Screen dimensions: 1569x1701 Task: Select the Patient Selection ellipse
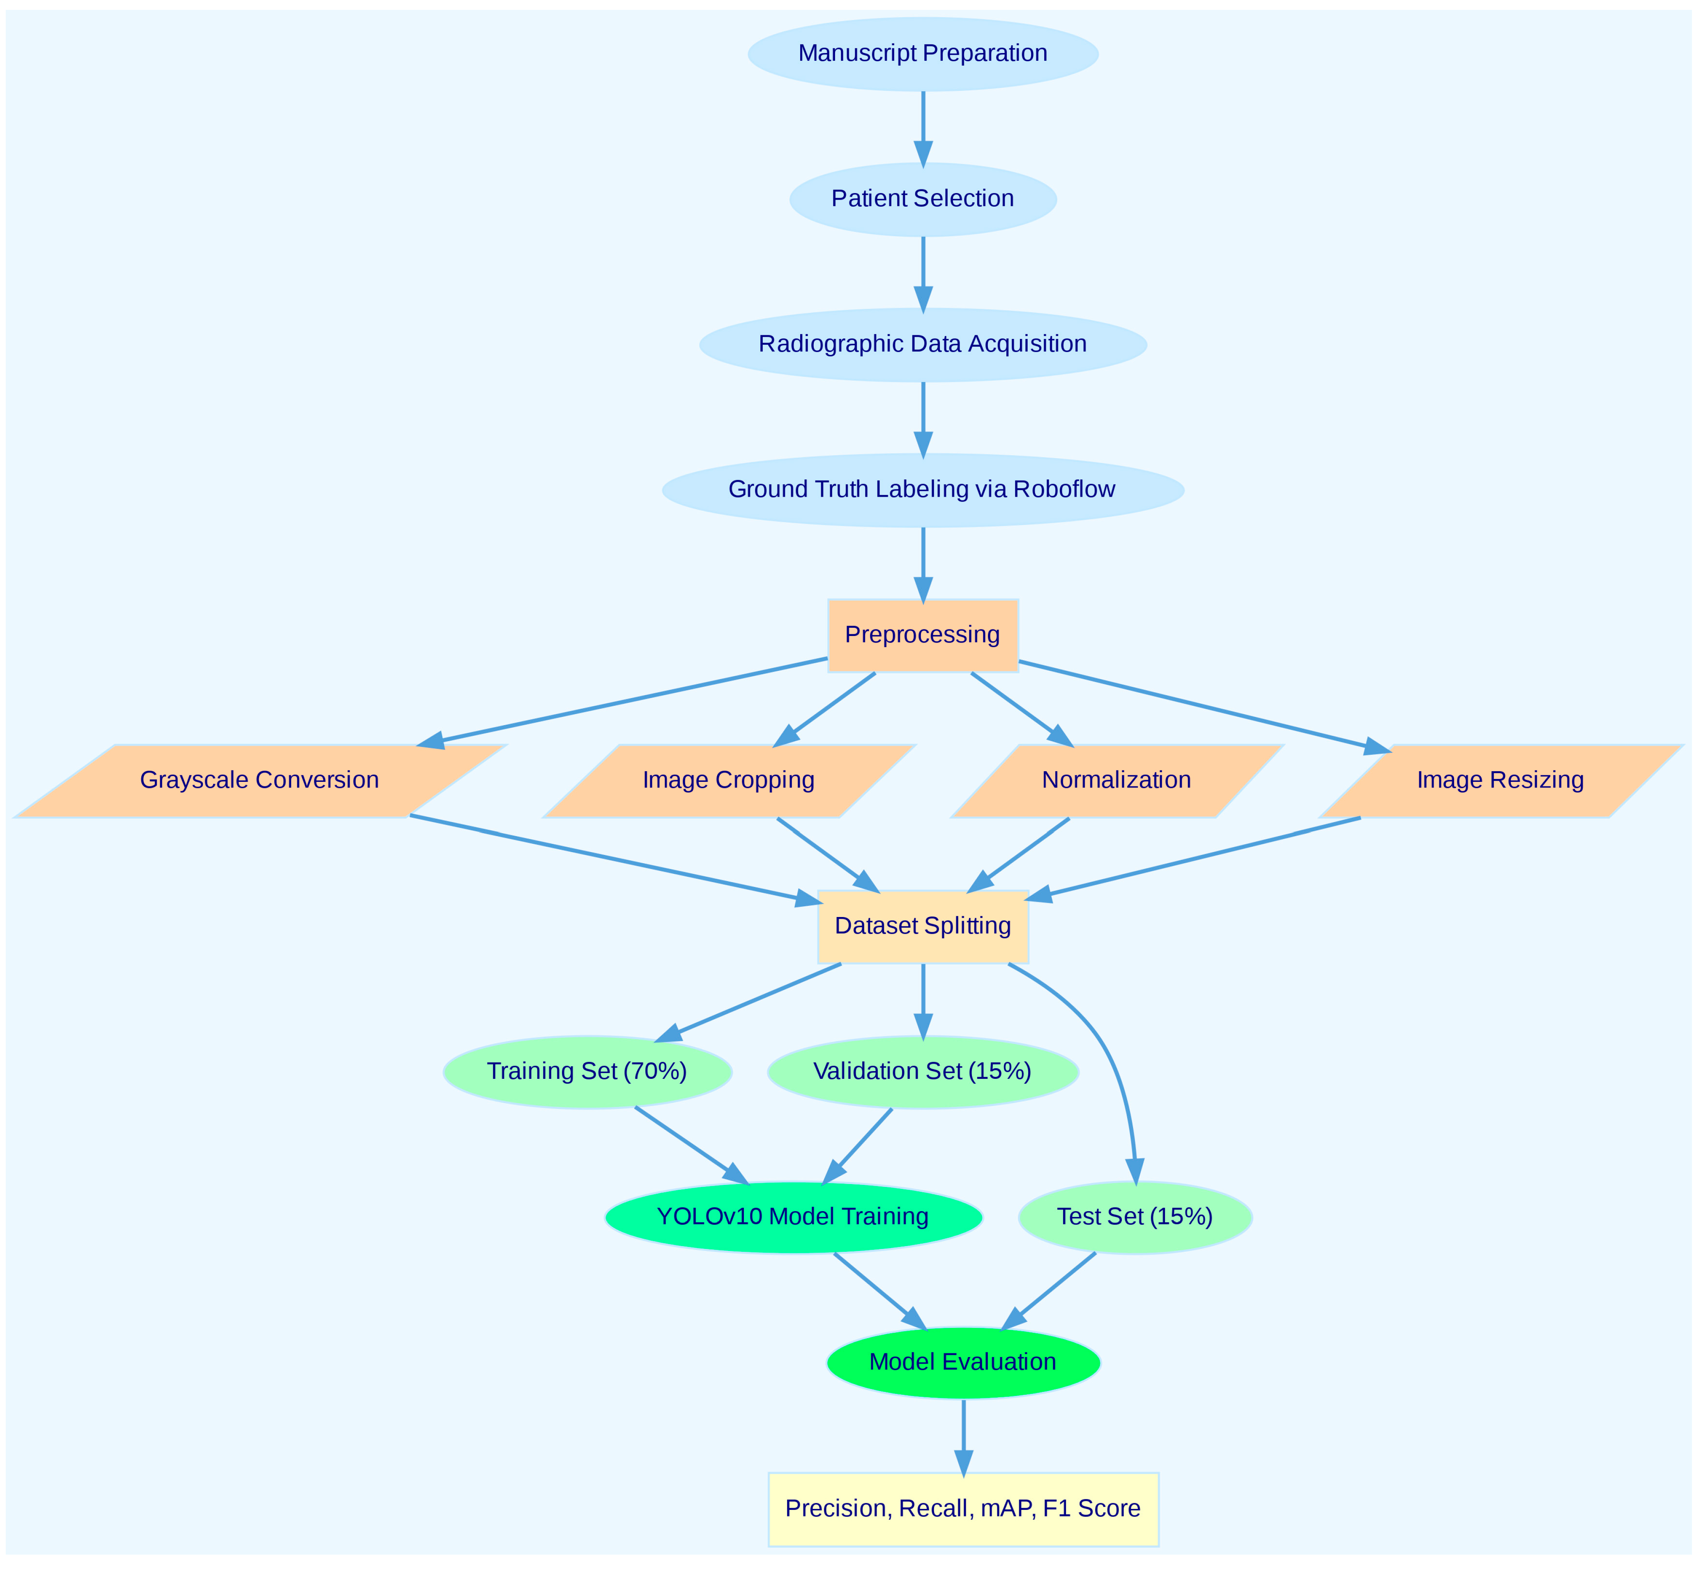[x=923, y=199]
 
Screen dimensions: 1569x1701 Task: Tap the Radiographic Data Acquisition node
[x=923, y=344]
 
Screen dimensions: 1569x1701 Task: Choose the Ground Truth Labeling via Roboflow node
[x=923, y=490]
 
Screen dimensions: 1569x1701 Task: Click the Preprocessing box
[x=923, y=635]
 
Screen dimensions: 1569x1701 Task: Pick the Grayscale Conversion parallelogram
[x=260, y=780]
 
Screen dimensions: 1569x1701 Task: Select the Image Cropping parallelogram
[x=728, y=780]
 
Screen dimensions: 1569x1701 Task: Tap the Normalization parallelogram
[x=1116, y=780]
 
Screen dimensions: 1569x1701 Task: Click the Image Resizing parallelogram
[x=1500, y=780]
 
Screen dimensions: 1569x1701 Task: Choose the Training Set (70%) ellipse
[x=587, y=1071]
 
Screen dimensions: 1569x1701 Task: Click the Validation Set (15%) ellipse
[x=923, y=1071]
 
